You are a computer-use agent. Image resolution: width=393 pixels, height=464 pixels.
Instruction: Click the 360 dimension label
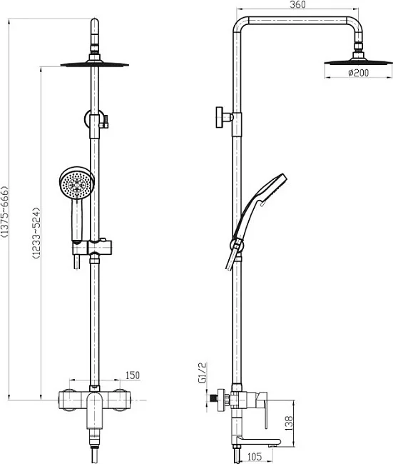(x=297, y=5)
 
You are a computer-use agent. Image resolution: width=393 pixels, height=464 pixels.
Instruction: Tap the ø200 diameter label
(x=358, y=73)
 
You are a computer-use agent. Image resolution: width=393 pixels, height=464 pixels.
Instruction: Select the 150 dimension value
(x=132, y=375)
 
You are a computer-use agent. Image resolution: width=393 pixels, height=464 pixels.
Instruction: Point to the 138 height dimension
(x=288, y=423)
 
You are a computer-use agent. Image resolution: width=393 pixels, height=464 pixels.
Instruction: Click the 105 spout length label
(x=255, y=457)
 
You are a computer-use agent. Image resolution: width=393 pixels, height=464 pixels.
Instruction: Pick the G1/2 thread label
(x=203, y=373)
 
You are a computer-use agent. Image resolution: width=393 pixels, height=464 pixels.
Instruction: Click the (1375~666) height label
(x=4, y=212)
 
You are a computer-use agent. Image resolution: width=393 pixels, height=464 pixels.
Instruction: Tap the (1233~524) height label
(x=36, y=233)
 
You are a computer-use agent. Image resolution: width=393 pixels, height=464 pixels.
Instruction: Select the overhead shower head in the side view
(x=358, y=61)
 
